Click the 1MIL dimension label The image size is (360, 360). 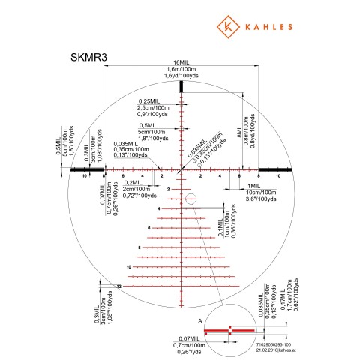(253, 184)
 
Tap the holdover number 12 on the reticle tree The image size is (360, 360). (118, 286)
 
